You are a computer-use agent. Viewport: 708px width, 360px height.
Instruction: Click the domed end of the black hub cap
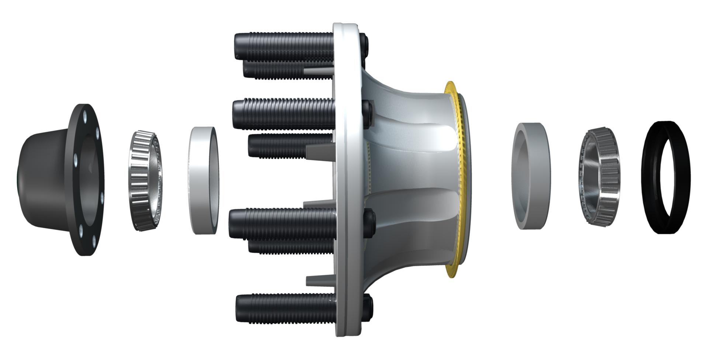coord(33,177)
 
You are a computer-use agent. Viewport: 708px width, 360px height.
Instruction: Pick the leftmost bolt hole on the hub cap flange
coord(76,159)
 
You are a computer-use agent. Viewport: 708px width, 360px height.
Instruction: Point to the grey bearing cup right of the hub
coord(531,176)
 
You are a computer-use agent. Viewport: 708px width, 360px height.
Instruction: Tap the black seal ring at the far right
coord(666,177)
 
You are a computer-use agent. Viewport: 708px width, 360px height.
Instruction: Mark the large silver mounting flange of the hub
coord(347,177)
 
